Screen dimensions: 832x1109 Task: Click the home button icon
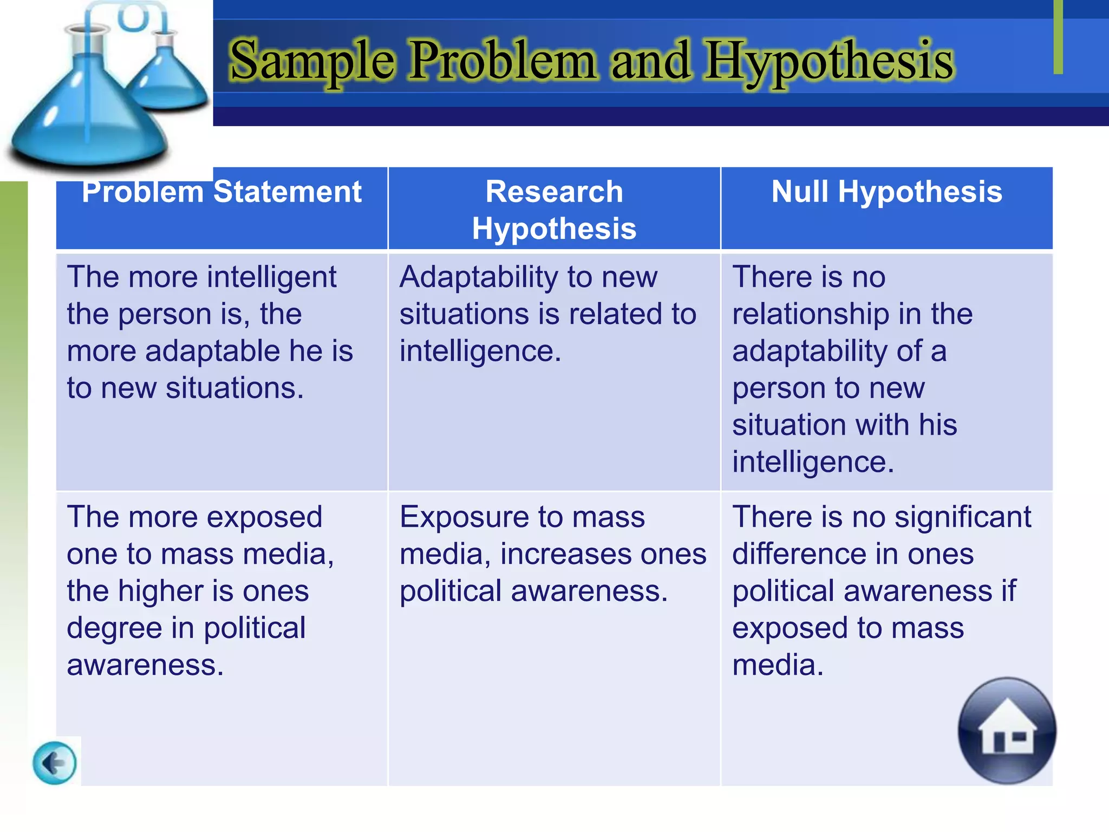(x=1007, y=731)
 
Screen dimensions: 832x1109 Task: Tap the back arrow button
(x=55, y=763)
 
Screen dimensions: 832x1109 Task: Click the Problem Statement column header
(x=221, y=192)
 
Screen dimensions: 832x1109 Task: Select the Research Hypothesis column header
(x=554, y=210)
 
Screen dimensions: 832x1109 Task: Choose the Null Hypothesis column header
(x=886, y=192)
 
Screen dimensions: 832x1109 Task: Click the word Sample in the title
(x=312, y=61)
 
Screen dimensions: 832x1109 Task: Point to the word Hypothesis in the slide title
(x=829, y=61)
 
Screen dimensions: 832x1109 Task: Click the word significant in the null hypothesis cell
(x=963, y=517)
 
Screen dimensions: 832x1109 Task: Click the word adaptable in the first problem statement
(x=212, y=351)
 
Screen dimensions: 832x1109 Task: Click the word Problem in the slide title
(x=501, y=61)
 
